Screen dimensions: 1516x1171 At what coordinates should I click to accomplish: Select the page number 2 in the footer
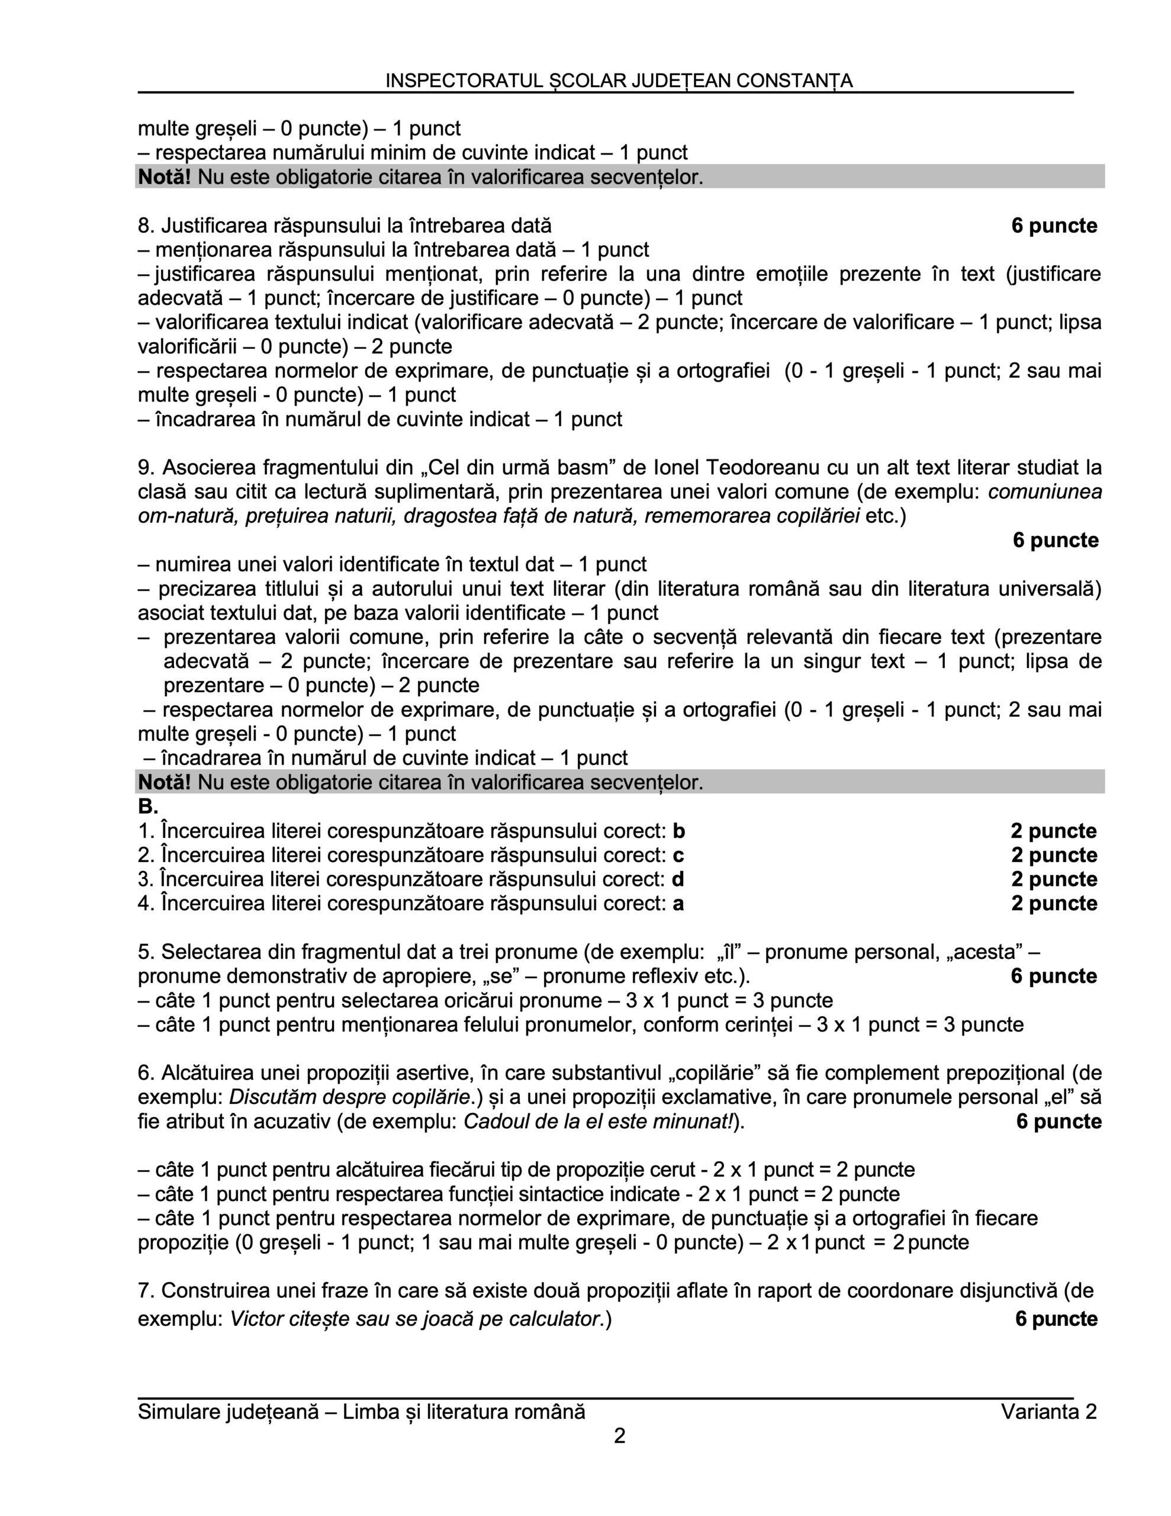click(x=620, y=1435)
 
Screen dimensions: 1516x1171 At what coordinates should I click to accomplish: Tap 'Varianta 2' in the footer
click(x=1048, y=1412)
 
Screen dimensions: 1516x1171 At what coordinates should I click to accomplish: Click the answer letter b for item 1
click(x=679, y=831)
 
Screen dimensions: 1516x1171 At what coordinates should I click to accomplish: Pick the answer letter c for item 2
click(x=678, y=855)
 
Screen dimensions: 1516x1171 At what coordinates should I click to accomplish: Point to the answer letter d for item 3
click(x=678, y=879)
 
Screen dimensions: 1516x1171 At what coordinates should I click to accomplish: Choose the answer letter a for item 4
click(x=678, y=904)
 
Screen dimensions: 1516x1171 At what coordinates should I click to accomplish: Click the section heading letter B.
click(x=147, y=807)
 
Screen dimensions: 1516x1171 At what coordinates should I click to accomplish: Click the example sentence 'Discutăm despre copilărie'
click(x=349, y=1097)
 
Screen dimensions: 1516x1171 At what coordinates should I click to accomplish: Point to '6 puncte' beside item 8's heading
click(x=1054, y=226)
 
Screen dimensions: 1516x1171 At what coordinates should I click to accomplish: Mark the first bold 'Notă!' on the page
click(x=165, y=177)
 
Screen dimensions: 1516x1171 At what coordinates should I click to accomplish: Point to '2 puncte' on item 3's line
click(x=1054, y=879)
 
